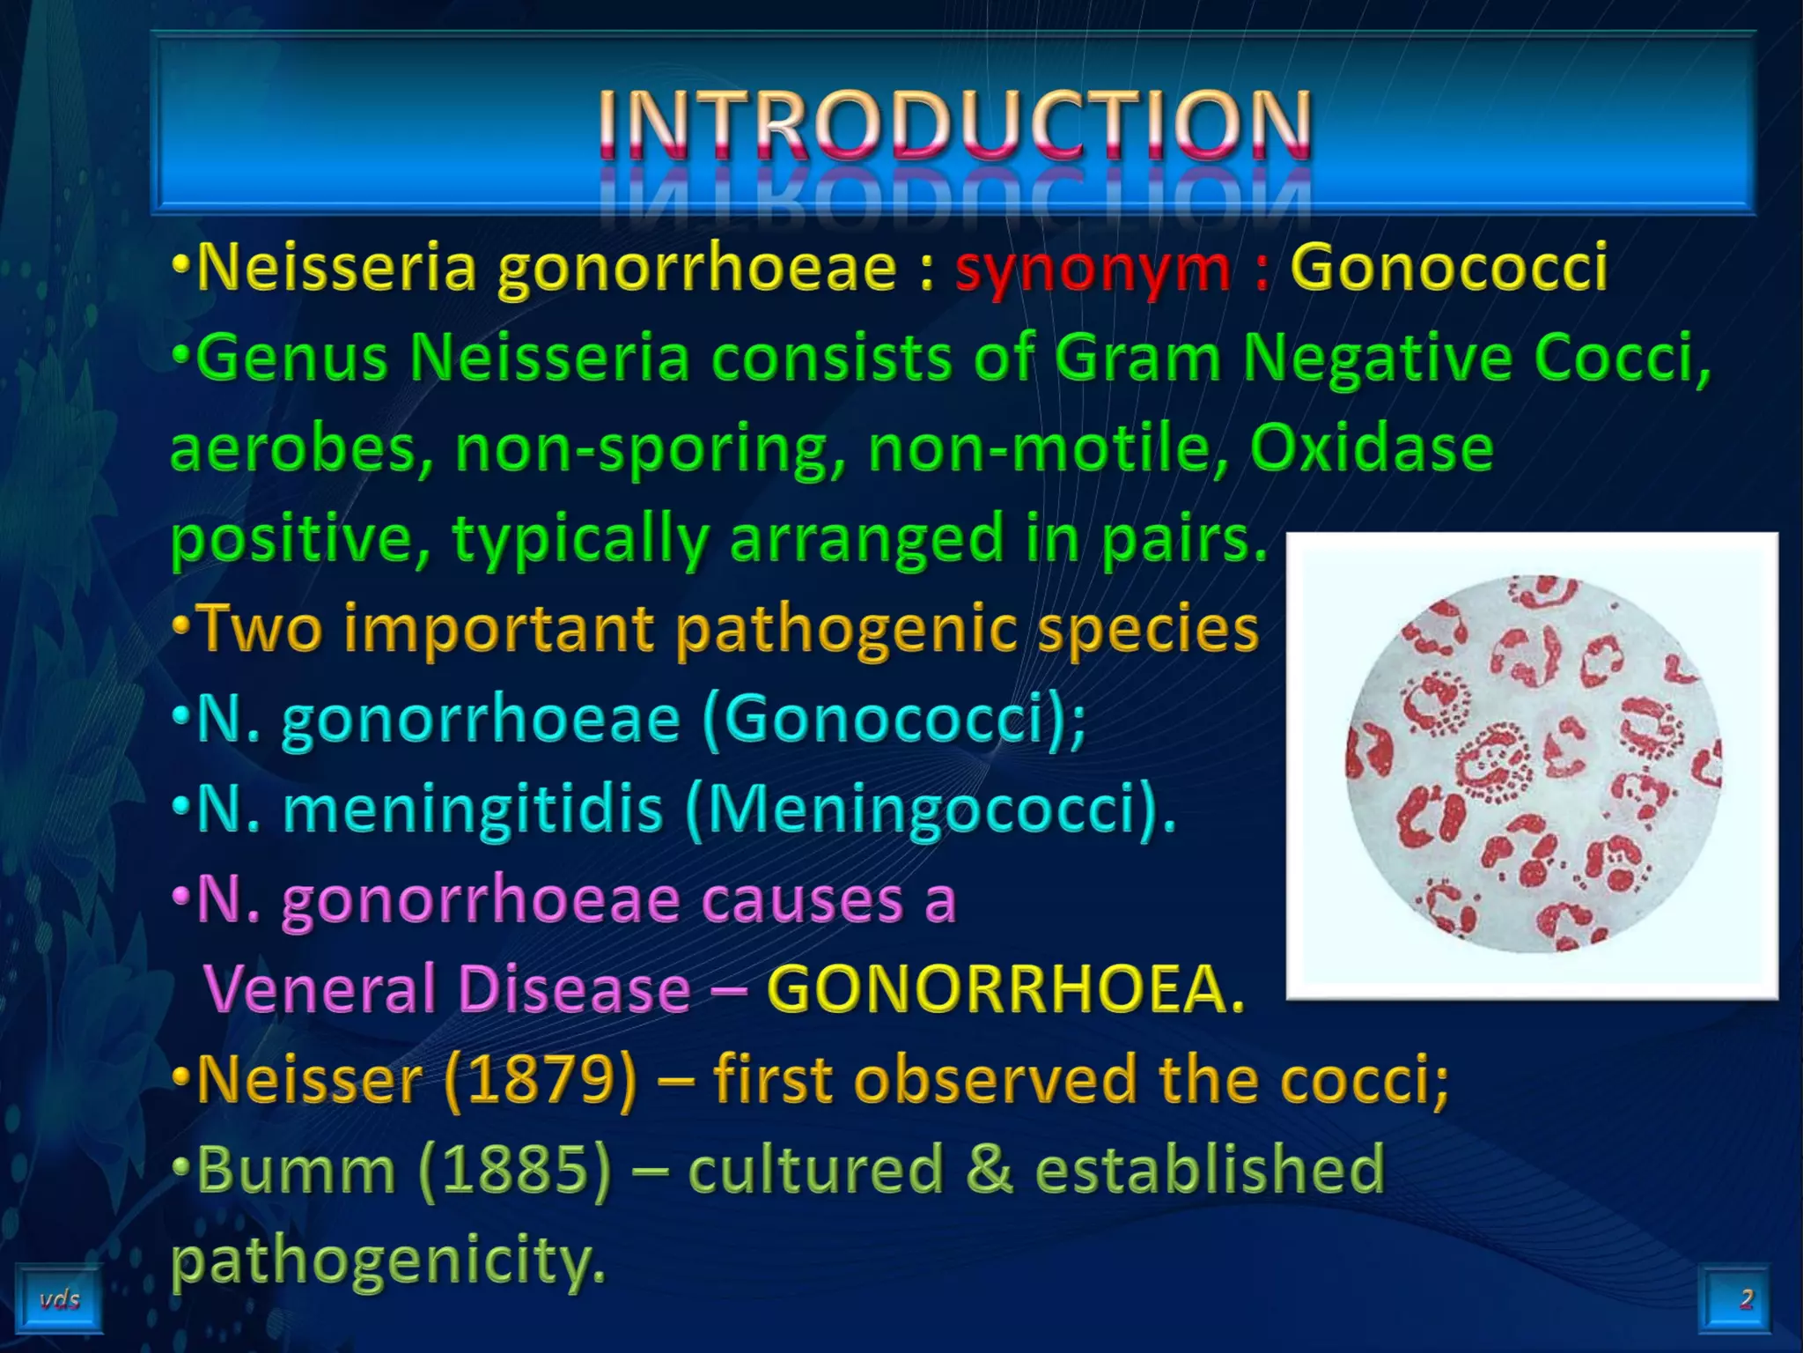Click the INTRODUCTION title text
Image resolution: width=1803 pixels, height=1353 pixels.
tap(954, 125)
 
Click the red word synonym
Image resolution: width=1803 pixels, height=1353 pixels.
tap(1093, 268)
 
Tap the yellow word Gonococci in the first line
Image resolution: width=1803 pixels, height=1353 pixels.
tap(1448, 268)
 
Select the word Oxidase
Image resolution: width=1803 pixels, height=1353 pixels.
tap(1371, 447)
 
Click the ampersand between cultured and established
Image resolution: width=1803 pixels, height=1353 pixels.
tap(990, 1170)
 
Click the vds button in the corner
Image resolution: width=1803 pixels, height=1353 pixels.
tap(59, 1299)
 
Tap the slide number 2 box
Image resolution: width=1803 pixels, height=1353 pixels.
tap(1744, 1298)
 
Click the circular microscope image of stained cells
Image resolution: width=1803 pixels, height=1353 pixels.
tap(1533, 765)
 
